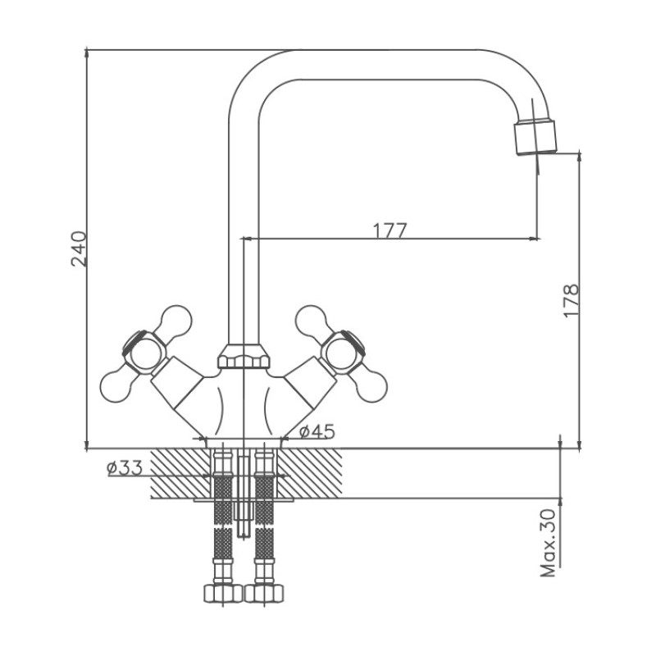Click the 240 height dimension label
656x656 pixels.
79,248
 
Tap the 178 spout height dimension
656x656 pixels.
571,301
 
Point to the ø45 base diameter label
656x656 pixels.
317,432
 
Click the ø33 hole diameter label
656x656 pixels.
125,467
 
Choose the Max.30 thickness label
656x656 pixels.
549,543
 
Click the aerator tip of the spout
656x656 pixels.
536,138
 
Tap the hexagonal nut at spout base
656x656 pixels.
243,357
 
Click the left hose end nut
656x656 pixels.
223,594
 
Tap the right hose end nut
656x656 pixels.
264,594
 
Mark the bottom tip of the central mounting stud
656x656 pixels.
243,536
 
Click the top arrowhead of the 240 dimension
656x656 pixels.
87,52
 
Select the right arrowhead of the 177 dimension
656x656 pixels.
535,239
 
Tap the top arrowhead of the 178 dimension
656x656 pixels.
580,155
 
